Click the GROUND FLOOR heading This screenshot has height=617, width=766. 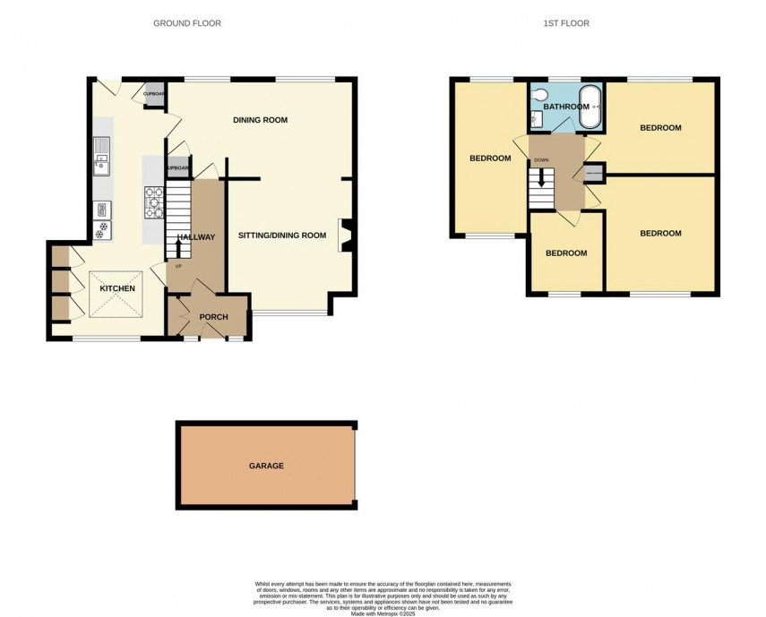[187, 23]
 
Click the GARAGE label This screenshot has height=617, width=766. [266, 466]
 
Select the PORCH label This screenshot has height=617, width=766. [213, 317]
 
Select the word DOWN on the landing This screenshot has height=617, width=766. [541, 160]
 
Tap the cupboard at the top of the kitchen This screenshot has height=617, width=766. [154, 95]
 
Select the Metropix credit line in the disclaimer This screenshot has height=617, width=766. [383, 610]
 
